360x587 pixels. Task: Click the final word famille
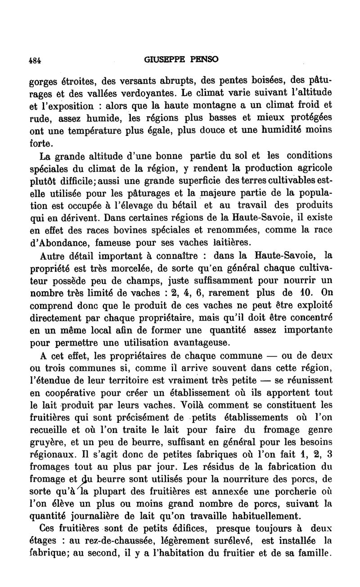point(313,553)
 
